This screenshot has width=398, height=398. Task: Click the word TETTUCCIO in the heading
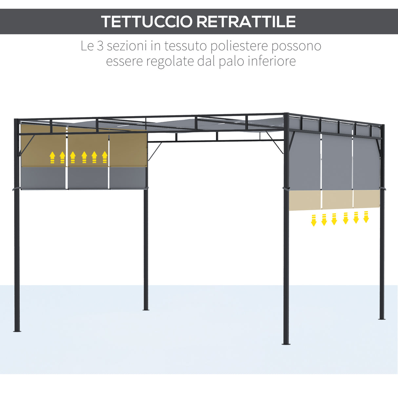pyautogui.click(x=147, y=22)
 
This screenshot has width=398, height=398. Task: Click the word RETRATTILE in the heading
pyautogui.click(x=246, y=22)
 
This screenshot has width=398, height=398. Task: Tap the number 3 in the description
pyautogui.click(x=100, y=46)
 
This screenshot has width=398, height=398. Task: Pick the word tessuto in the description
pyautogui.click(x=186, y=46)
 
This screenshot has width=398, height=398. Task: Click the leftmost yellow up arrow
pyautogui.click(x=52, y=157)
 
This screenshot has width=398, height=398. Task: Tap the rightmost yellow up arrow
pyautogui.click(x=105, y=157)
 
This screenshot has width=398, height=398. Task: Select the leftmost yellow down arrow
pyautogui.click(x=314, y=220)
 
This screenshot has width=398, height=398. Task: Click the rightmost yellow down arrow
pyautogui.click(x=366, y=217)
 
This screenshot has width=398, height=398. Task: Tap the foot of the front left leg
pyautogui.click(x=17, y=330)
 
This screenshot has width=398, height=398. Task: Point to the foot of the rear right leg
pyautogui.click(x=382, y=318)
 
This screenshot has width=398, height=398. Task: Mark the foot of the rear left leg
pyautogui.click(x=146, y=308)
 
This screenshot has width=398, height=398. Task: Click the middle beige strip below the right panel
pyautogui.click(x=337, y=199)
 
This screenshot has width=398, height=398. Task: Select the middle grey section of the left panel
pyautogui.click(x=88, y=178)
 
